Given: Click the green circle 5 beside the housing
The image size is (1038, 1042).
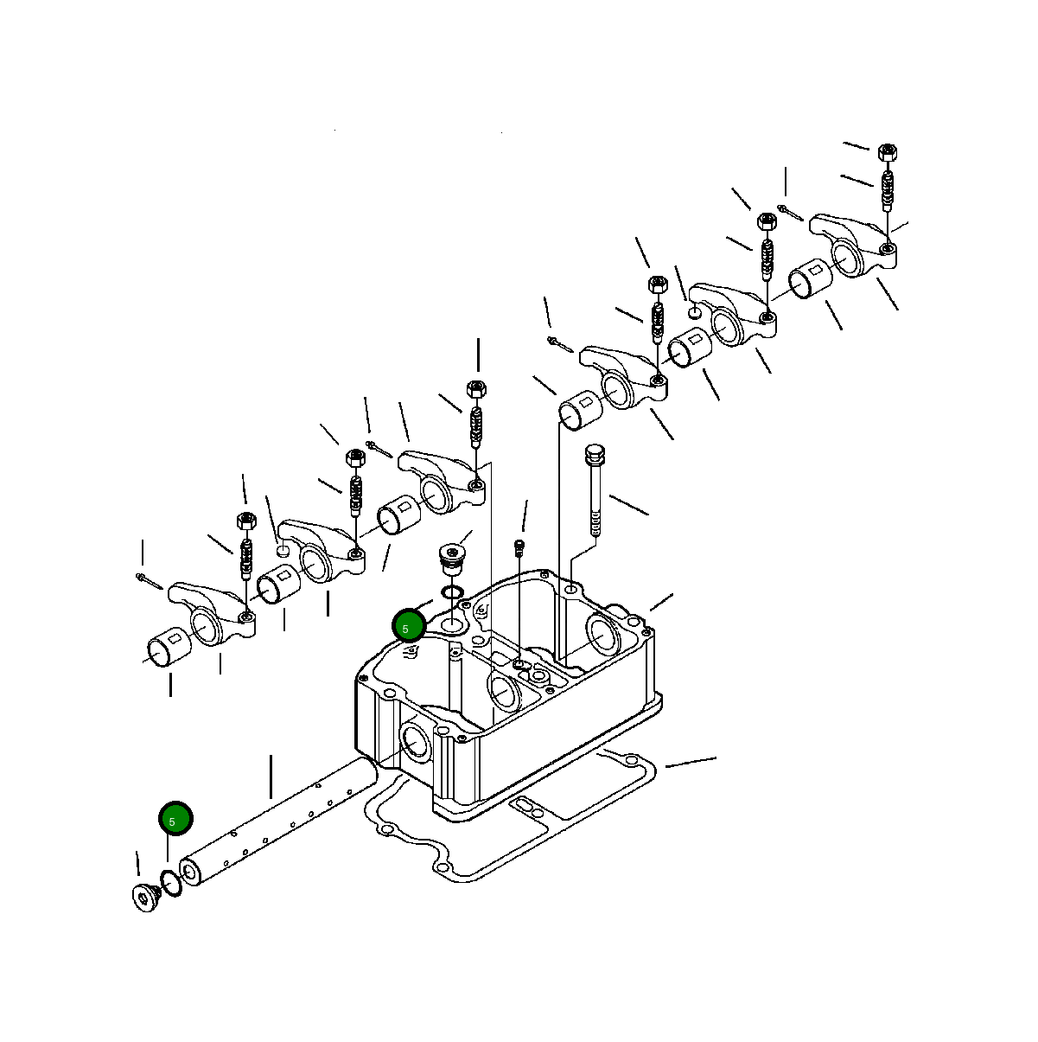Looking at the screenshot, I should click(408, 625).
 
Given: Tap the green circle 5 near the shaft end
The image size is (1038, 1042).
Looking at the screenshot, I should click(175, 818).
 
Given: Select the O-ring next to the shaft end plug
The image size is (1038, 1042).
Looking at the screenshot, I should click(171, 884).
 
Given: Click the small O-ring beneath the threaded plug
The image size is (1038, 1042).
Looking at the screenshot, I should click(450, 592).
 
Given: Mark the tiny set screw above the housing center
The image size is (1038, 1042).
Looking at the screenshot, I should click(519, 547).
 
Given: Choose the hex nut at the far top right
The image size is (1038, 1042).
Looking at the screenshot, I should click(886, 152).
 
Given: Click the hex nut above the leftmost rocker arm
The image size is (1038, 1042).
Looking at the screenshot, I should click(245, 521).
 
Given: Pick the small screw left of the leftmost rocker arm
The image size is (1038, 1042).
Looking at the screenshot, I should click(149, 581).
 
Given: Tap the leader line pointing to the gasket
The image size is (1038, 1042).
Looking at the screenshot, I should click(690, 762).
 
